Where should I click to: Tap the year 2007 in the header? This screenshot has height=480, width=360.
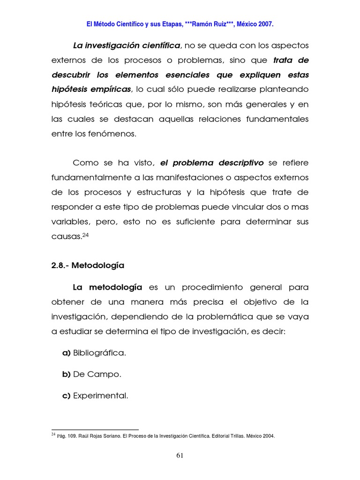tap(264, 23)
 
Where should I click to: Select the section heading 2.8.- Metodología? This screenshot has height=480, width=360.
tap(88, 265)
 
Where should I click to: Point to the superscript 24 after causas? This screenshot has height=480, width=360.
tap(85, 235)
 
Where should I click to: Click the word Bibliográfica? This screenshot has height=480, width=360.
tap(100, 353)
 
